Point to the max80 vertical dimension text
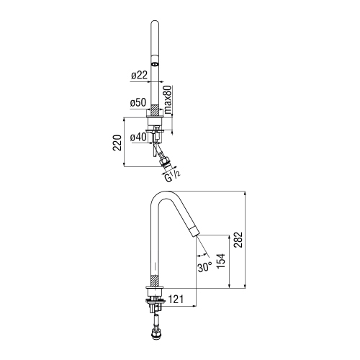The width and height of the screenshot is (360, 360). [x=168, y=100]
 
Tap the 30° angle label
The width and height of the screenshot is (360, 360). [x=204, y=267]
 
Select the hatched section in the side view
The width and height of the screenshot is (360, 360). [x=154, y=283]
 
